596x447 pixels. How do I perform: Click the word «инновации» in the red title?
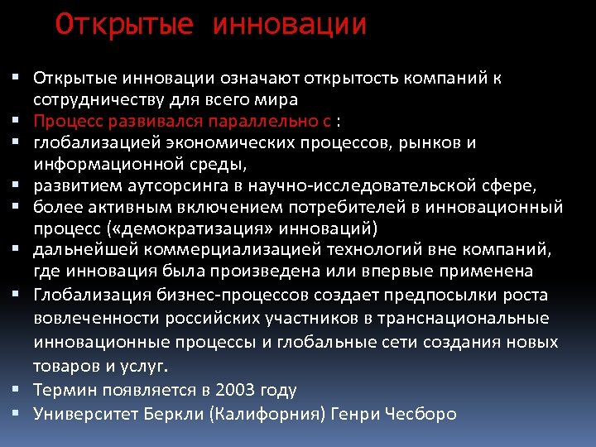click(290, 25)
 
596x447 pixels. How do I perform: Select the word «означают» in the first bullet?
click(259, 79)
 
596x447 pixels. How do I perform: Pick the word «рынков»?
click(426, 142)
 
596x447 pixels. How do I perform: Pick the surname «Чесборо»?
click(421, 413)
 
